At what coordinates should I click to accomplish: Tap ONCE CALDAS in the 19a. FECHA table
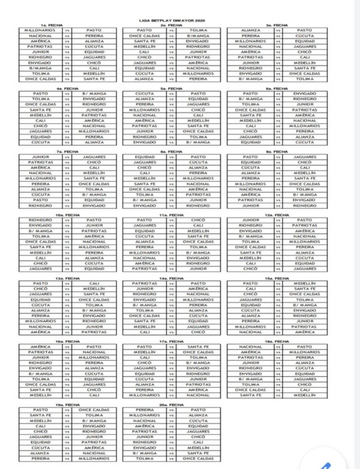(x=92, y=411)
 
